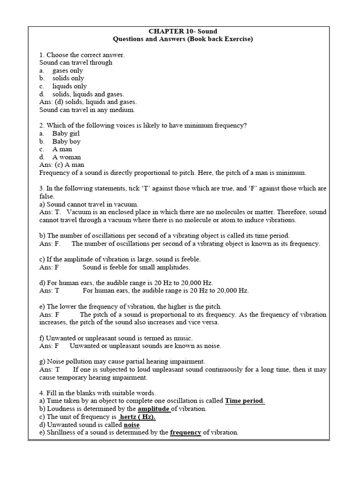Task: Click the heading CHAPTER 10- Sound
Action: (x=183, y=31)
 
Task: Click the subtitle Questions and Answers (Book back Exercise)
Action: (x=183, y=39)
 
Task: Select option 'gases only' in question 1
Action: (x=67, y=71)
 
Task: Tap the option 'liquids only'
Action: (x=69, y=86)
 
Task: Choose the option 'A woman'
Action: (x=67, y=157)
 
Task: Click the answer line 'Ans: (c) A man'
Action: (x=62, y=165)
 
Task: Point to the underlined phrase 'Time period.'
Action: (x=245, y=401)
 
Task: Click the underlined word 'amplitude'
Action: (x=153, y=409)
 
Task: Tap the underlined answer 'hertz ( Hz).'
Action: (x=137, y=417)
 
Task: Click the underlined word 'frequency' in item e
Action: (x=185, y=433)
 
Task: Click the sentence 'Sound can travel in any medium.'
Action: (x=87, y=110)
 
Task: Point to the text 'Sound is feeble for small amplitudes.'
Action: (x=136, y=267)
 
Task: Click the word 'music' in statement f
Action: (x=183, y=338)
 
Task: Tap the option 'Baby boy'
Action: (x=66, y=142)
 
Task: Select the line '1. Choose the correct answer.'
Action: (x=82, y=55)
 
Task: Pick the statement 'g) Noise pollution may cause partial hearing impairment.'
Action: (x=122, y=361)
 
